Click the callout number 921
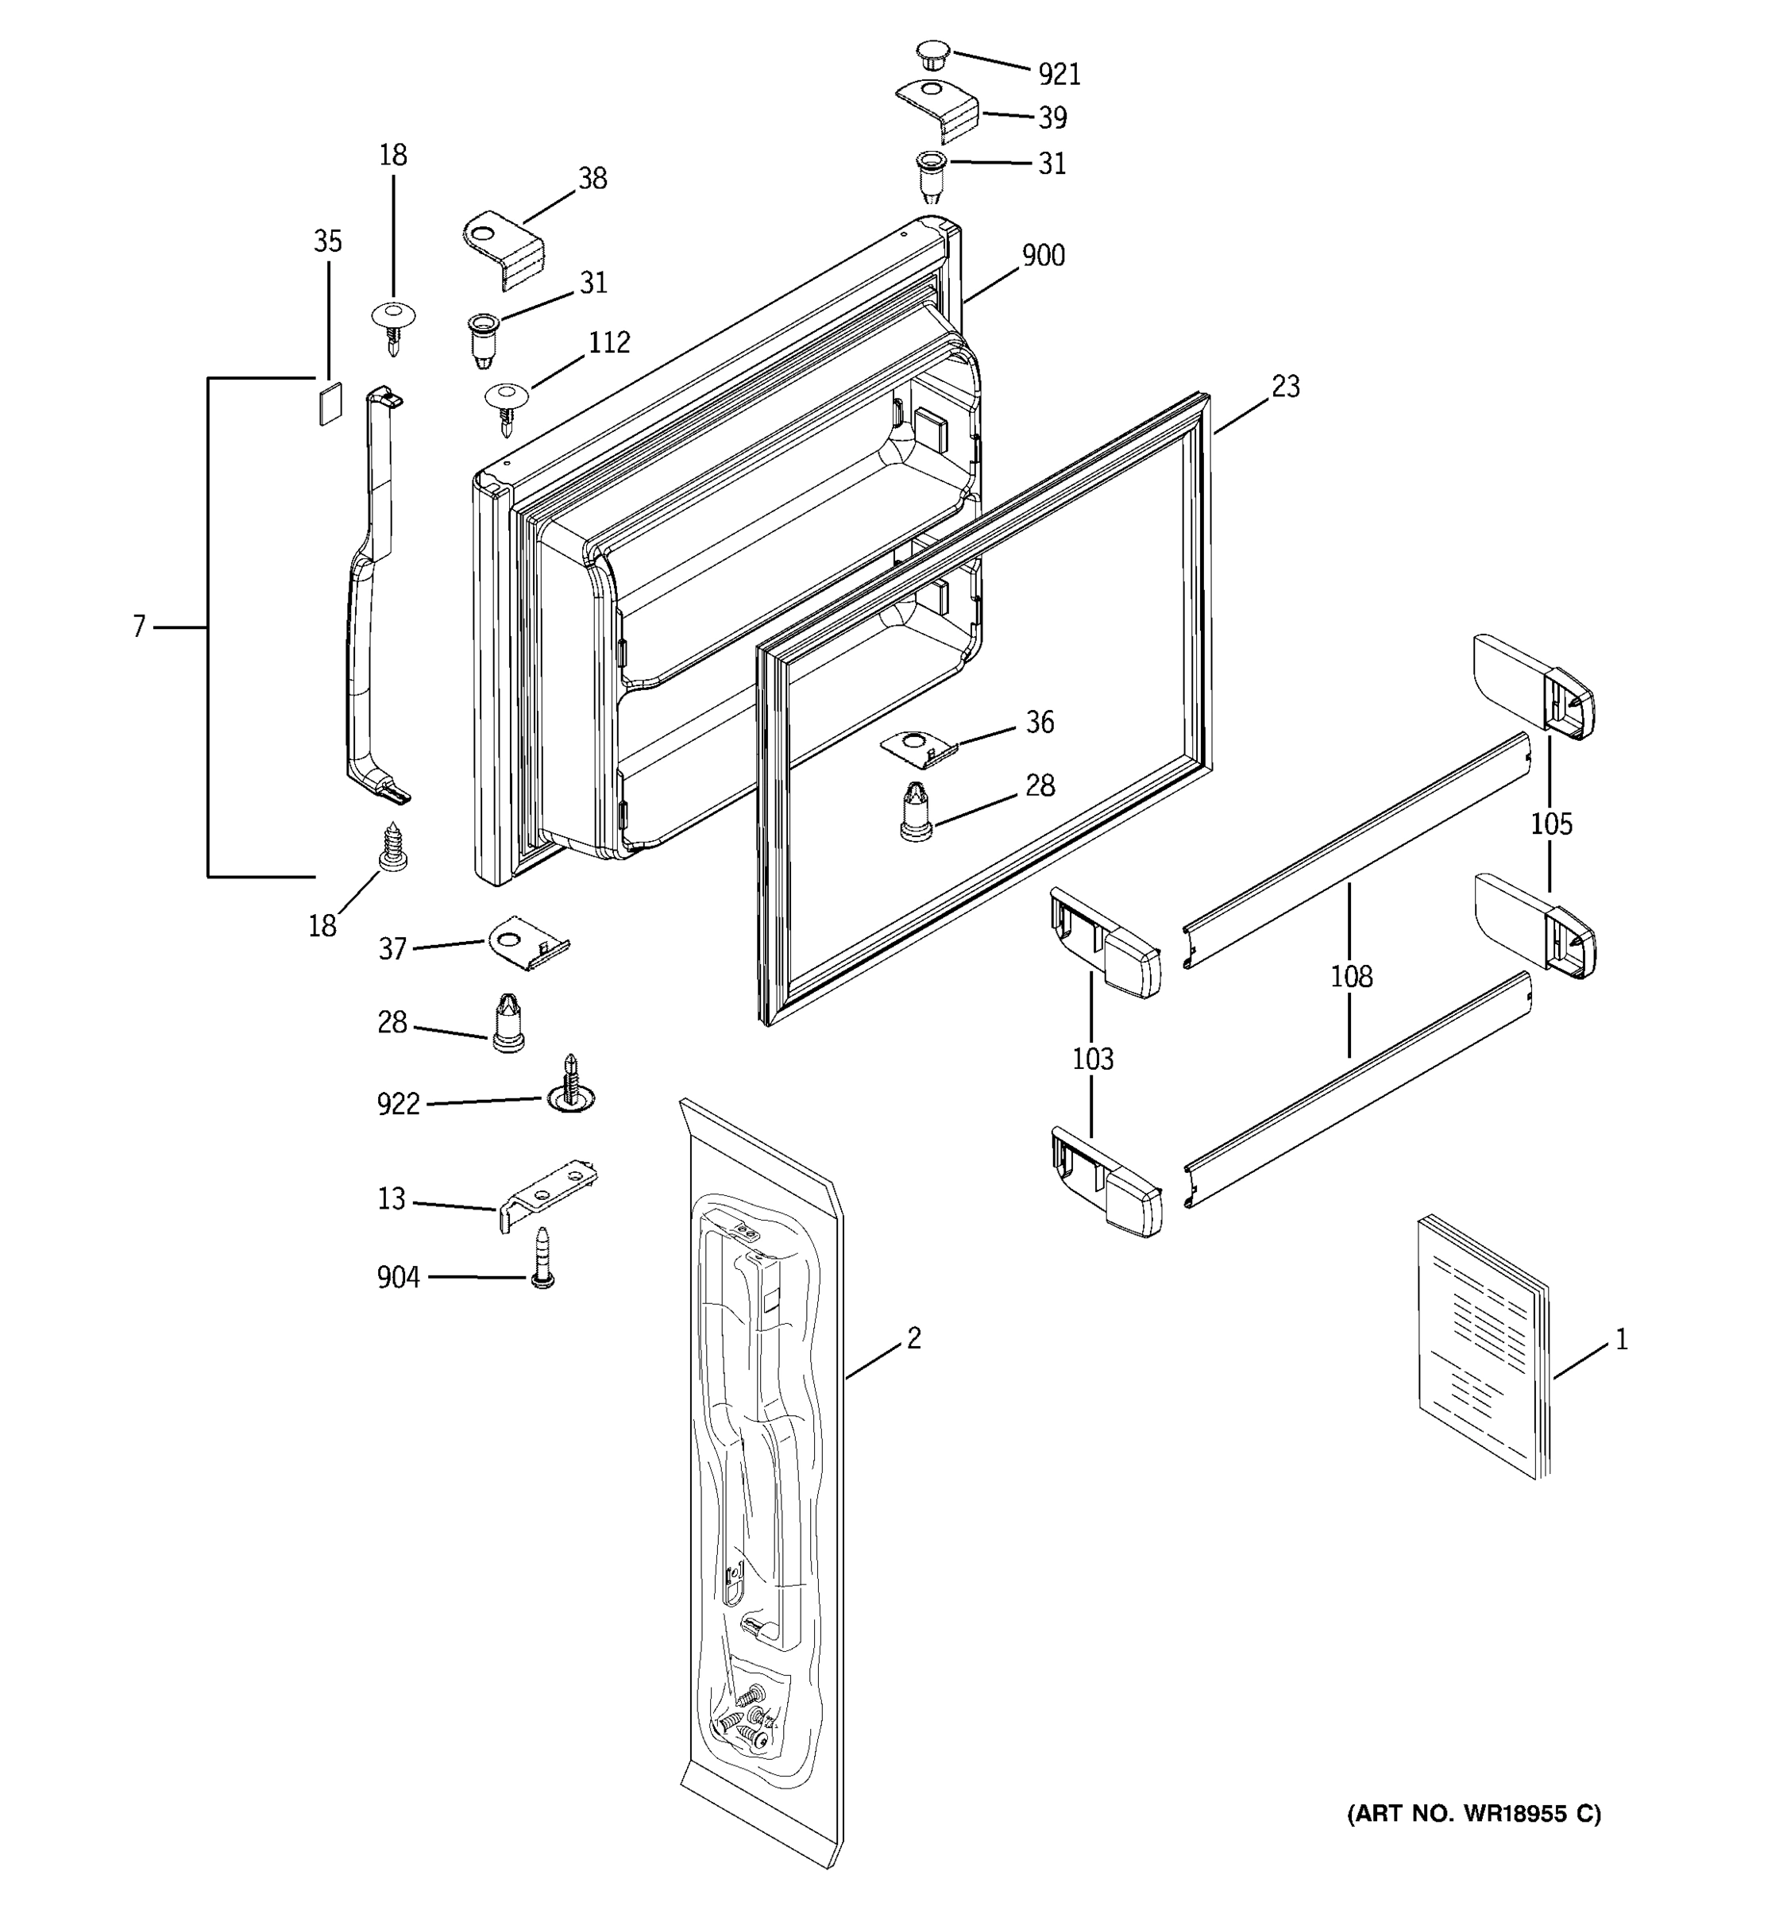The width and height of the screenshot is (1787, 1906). [1059, 74]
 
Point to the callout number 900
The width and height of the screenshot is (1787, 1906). [1043, 255]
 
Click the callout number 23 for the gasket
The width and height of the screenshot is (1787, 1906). [1286, 387]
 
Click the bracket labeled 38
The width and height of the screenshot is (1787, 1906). [505, 249]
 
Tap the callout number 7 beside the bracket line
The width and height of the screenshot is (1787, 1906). [139, 627]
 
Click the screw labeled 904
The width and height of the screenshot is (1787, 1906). [542, 1258]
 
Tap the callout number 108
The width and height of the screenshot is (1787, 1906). [1350, 977]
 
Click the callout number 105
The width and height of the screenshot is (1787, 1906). [1550, 824]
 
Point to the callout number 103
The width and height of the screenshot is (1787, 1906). [1092, 1059]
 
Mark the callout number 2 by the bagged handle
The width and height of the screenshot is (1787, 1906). [913, 1338]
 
